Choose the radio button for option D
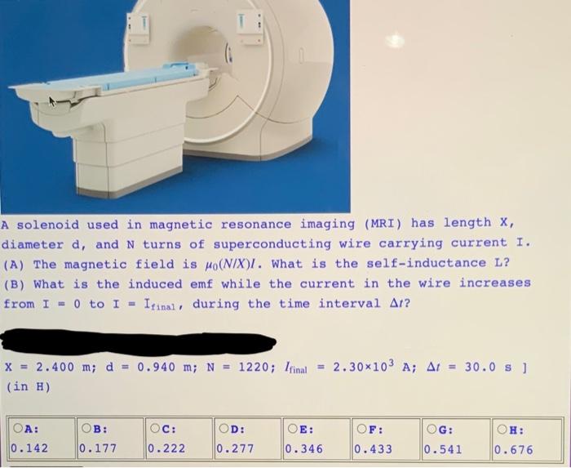point(224,428)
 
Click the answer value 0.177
point(97,448)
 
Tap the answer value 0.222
point(166,448)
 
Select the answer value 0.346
point(304,448)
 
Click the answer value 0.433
point(374,448)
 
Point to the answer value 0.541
point(442,448)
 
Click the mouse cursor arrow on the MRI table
point(53,102)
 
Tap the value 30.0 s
point(483,366)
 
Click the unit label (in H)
point(29,386)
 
